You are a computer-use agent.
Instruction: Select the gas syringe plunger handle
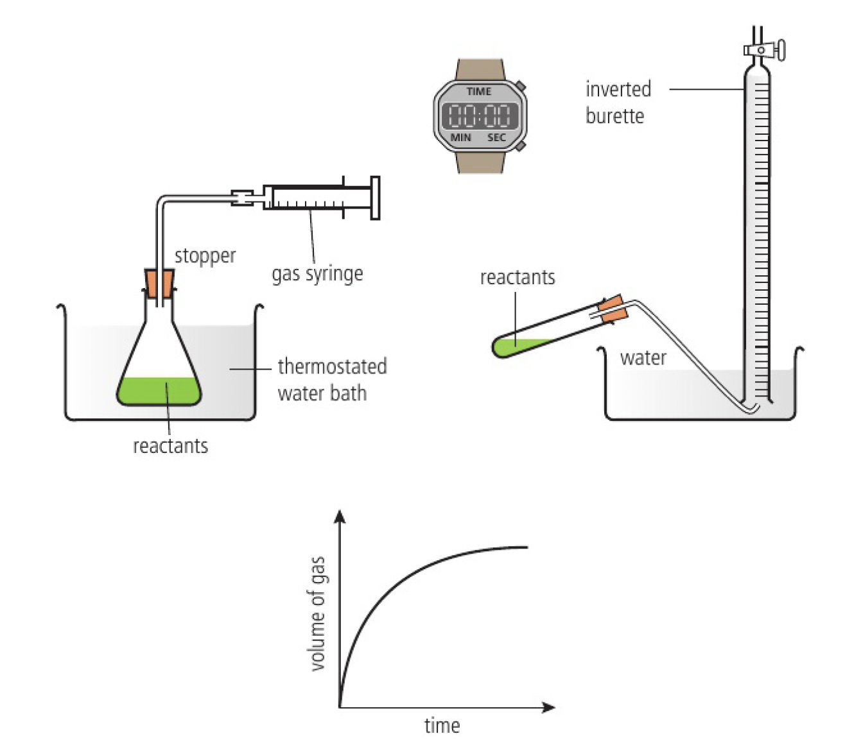point(375,198)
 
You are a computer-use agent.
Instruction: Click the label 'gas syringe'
point(317,274)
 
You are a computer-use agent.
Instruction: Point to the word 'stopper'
point(205,255)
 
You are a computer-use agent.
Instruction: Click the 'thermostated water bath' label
point(331,379)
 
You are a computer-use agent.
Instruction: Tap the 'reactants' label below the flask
point(170,446)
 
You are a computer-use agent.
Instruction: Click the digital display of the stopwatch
point(479,115)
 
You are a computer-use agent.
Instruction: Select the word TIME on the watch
point(479,91)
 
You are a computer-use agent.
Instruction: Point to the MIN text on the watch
point(460,137)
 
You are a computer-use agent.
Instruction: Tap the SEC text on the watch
point(496,137)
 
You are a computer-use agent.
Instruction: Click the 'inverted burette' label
point(618,102)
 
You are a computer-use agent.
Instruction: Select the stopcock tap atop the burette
point(764,50)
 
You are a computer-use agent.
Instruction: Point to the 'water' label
point(643,358)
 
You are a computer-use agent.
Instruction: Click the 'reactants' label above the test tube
point(518,277)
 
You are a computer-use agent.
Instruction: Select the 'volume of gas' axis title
point(318,613)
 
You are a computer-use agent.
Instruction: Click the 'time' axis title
point(442,726)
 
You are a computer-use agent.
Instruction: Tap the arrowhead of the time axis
point(548,707)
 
